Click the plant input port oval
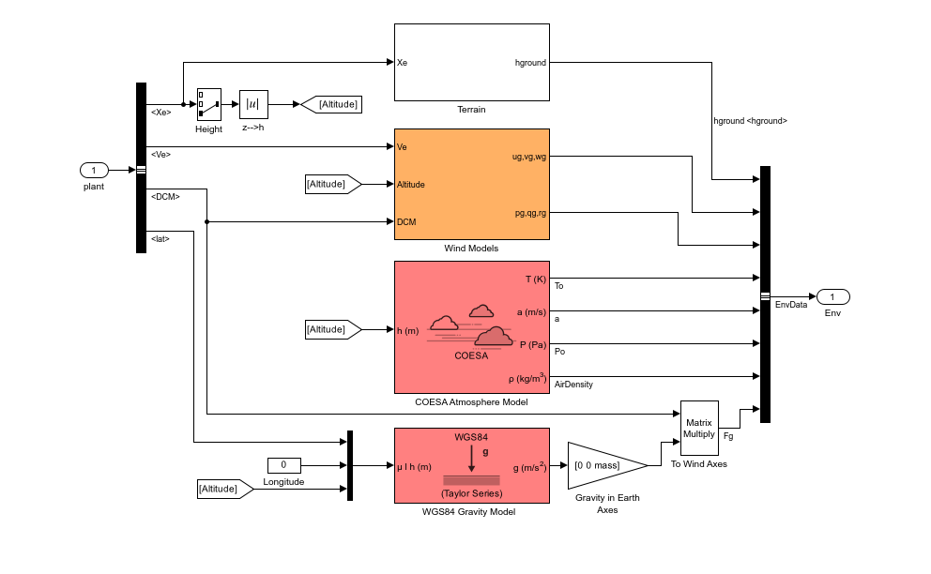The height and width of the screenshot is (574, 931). point(94,170)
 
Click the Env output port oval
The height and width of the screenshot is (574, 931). point(832,296)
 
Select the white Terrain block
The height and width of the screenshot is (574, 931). point(471,61)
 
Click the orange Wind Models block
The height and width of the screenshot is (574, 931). point(471,184)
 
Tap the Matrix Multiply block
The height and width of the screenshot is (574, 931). point(698,427)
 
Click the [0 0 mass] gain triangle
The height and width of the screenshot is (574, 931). point(601,465)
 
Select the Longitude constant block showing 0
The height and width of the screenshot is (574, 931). point(283,465)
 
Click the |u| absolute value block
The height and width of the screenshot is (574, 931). point(253,104)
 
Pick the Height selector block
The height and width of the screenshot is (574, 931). point(208,104)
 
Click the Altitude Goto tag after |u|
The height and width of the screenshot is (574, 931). point(332,104)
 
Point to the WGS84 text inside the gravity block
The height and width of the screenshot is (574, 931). point(471,437)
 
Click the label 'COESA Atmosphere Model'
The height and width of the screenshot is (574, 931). point(471,402)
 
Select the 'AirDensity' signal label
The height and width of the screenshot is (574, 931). point(574,385)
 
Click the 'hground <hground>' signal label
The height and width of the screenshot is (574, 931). point(750,121)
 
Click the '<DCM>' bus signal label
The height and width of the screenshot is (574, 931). point(164,197)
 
